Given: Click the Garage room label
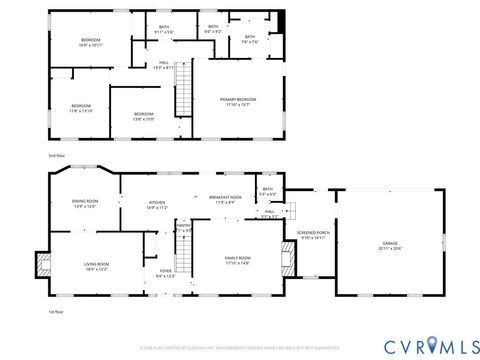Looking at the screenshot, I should (389, 245).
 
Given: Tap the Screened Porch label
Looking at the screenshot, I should (314, 236).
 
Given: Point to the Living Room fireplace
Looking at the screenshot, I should (42, 265).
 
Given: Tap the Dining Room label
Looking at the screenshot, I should (84, 204).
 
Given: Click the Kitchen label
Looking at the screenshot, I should (157, 205).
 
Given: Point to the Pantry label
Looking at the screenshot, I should (183, 228).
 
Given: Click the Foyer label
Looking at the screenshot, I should (165, 273).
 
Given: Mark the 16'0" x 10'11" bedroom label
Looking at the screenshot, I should (92, 42).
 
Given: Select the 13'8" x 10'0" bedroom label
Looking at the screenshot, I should (144, 116).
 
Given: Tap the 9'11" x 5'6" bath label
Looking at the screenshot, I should (164, 31).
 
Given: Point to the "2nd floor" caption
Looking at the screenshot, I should (58, 156).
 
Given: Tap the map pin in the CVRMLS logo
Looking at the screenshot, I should (433, 345).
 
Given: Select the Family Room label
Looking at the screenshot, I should (237, 260).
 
